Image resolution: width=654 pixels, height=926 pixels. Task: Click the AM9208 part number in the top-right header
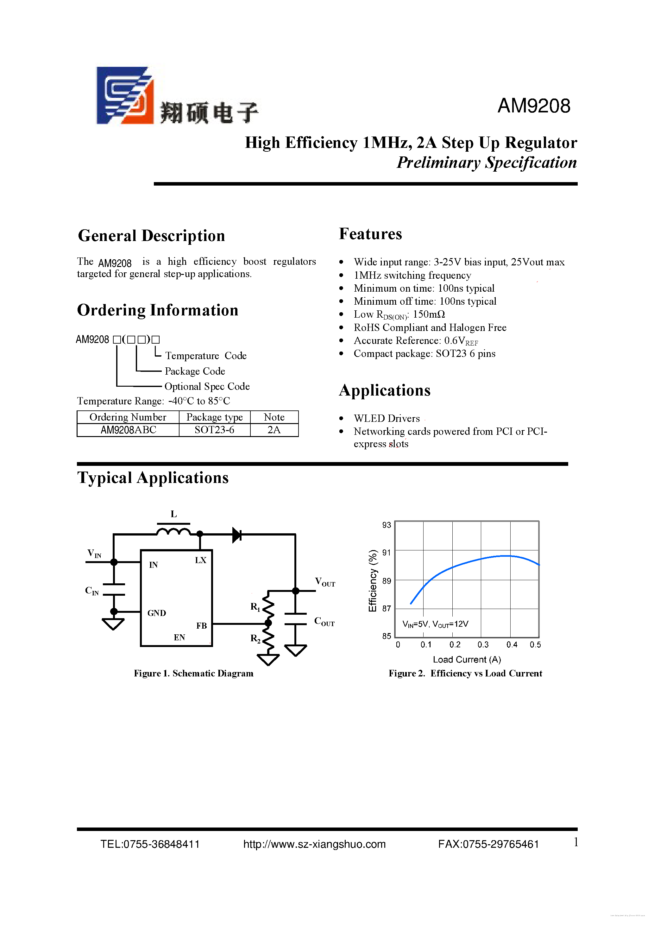(533, 106)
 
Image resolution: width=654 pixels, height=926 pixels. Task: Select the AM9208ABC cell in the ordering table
(128, 430)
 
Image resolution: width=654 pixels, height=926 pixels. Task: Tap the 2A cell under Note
(274, 430)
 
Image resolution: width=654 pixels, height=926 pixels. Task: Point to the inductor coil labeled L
(173, 531)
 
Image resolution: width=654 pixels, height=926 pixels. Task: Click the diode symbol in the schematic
(237, 535)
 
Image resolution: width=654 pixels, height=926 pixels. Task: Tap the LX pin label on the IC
(200, 560)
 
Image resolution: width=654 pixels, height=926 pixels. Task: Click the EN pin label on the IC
(179, 637)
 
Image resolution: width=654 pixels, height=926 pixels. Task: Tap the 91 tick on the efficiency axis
(386, 553)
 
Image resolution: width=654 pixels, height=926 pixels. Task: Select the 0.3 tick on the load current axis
(483, 644)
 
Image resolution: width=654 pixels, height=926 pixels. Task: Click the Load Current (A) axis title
(467, 659)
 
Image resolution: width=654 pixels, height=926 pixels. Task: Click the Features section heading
(370, 234)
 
